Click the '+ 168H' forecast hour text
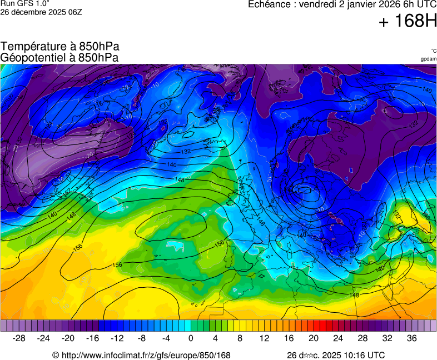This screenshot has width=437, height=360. pos(408,22)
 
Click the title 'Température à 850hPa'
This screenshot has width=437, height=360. pos(60,47)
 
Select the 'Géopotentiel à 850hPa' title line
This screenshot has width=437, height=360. pos(59,57)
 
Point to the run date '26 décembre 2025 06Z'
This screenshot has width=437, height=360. pos(41,12)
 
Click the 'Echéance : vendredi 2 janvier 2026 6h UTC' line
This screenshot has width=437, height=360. pos(342,4)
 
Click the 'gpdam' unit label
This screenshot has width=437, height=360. pos(428,58)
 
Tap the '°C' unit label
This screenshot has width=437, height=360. pos(433,51)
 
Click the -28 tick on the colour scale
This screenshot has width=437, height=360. pos(19,338)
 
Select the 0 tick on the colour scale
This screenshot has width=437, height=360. pos(191,338)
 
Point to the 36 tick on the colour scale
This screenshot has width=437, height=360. pos(411,338)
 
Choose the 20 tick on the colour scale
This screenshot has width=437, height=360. pos(313,338)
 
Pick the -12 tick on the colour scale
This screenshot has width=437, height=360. pos(117,338)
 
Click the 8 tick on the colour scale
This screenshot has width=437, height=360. pos(240,338)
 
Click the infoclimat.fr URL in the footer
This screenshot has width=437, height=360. pos(146,356)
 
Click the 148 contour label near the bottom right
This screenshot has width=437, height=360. pos(354,295)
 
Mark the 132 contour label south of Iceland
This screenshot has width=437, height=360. pos(186,151)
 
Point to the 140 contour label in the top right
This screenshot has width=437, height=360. pos(427,90)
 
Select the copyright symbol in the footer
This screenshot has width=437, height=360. pos(56,356)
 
